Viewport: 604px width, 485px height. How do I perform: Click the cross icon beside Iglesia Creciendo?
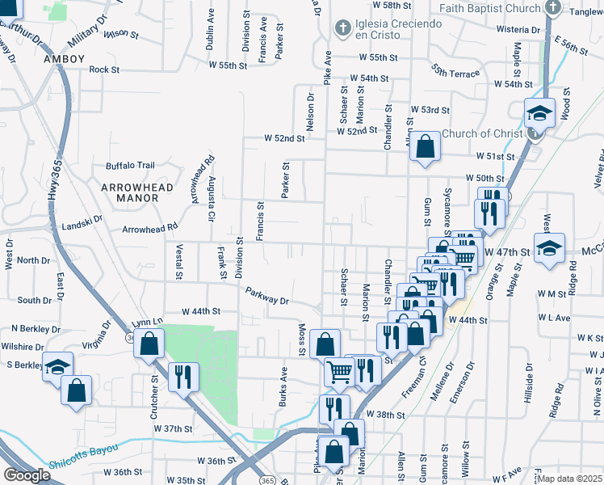pos(342,27)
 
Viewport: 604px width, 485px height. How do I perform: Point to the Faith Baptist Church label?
pos(489,8)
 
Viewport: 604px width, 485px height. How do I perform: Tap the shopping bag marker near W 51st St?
pos(425,147)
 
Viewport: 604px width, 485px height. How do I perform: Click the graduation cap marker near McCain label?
pos(548,251)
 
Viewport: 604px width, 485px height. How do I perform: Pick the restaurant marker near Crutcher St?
pos(183,376)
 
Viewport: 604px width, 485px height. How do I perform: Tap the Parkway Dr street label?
pos(267,297)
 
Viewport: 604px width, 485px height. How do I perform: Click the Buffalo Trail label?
pos(130,166)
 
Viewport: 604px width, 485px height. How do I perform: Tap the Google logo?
pos(27,475)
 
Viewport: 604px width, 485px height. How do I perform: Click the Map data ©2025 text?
pos(569,479)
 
